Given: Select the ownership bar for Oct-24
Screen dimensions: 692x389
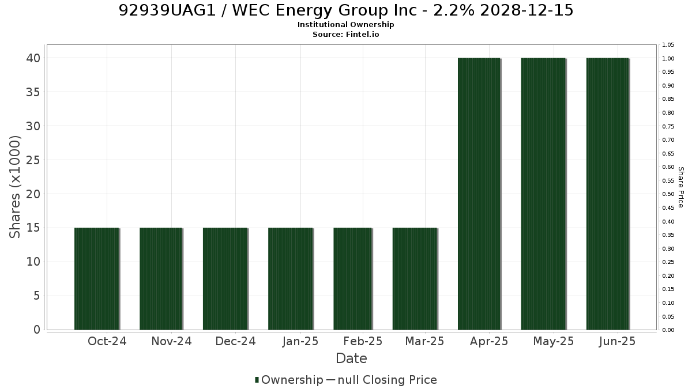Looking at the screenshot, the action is coord(97,279).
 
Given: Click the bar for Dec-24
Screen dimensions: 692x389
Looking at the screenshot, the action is coord(225,279).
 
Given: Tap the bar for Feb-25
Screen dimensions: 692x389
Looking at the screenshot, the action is coord(353,279).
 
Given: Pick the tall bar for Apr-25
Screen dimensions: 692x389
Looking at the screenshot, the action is coord(479,194).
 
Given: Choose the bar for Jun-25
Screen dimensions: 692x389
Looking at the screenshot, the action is coord(608,194).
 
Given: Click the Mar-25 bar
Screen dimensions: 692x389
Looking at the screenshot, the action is coord(415,279).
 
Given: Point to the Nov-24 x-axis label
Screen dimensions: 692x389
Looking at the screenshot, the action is coord(171,341).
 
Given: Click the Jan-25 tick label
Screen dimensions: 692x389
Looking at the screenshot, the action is coord(300,341).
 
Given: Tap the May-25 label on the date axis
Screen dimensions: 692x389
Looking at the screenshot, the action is coord(553,341).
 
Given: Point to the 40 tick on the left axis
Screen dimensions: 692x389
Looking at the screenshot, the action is coord(33,58).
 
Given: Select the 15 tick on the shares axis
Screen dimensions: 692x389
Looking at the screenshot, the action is coord(33,228).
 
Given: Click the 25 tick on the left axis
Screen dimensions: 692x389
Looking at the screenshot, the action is coord(33,160).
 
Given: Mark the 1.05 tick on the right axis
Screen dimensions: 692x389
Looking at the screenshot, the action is coord(668,45).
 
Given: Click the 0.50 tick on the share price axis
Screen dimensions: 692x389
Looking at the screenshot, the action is coord(668,194).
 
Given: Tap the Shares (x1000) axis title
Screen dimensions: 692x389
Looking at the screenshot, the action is coord(14,187).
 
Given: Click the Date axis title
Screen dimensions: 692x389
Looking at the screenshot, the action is coord(351,358).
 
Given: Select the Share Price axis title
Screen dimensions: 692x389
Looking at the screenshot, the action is coord(681,187).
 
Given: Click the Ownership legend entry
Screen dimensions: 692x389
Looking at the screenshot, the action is coord(289,380).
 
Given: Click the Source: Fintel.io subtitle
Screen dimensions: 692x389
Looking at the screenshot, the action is coord(345,34).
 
